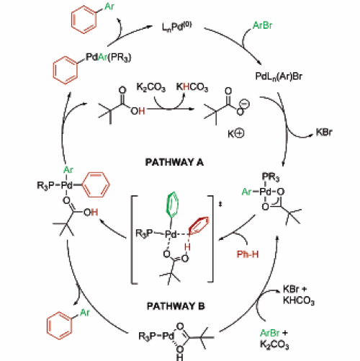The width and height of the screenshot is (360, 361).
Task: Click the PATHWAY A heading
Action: pyautogui.click(x=174, y=162)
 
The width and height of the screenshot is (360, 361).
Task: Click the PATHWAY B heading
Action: pyautogui.click(x=176, y=306)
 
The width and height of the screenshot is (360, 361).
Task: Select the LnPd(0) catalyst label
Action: pyautogui.click(x=177, y=27)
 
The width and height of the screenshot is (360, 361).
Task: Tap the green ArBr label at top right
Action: pyautogui.click(x=263, y=25)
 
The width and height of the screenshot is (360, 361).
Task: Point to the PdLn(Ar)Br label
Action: pyautogui.click(x=279, y=76)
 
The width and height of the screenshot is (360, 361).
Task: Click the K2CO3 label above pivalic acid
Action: pyautogui.click(x=151, y=87)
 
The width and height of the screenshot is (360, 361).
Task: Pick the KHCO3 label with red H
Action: pyautogui.click(x=192, y=87)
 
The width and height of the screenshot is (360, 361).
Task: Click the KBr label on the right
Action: pyautogui.click(x=324, y=132)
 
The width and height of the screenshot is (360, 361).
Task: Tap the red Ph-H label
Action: pyautogui.click(x=248, y=254)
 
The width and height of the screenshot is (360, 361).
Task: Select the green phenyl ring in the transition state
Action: pyautogui.click(x=172, y=204)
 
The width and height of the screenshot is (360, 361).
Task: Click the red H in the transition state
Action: pyautogui.click(x=187, y=246)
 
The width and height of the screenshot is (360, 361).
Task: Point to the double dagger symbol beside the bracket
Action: pyautogui.click(x=220, y=205)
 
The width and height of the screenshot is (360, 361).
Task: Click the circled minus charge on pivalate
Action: pyautogui.click(x=245, y=104)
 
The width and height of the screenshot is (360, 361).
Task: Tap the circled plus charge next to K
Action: pyautogui.click(x=239, y=133)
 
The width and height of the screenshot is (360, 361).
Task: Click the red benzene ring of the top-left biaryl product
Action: pyautogui.click(x=84, y=19)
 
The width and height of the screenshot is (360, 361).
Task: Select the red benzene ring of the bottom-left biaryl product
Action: pyautogui.click(x=59, y=326)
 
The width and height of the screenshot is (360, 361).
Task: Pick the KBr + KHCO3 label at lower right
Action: pyautogui.click(x=299, y=295)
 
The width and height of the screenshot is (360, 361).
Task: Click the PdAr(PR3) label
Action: pyautogui.click(x=109, y=58)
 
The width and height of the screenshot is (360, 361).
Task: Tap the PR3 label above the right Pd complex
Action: pyautogui.click(x=271, y=177)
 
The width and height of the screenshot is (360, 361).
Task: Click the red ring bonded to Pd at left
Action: pyautogui.click(x=96, y=184)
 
